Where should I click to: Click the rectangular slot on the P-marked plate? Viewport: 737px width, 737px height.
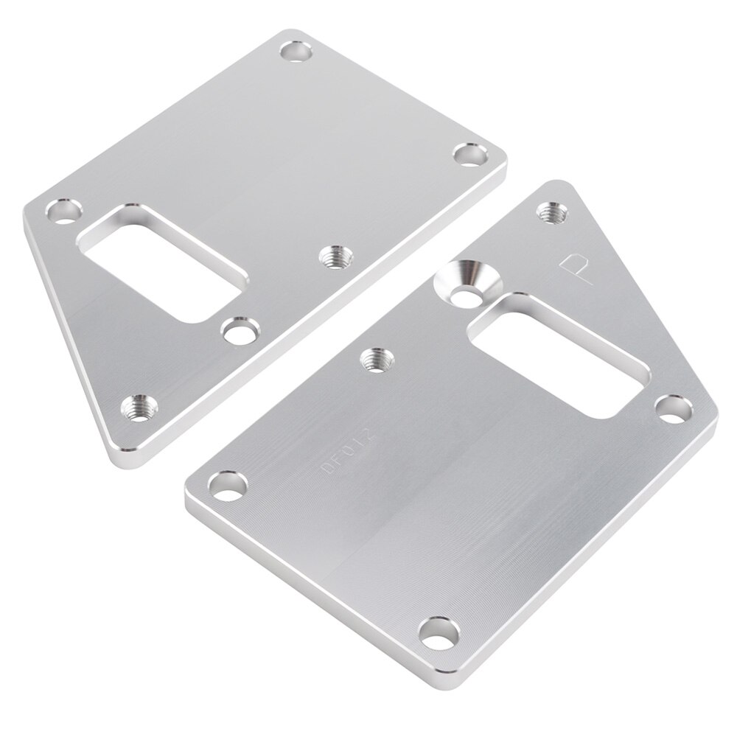point(549,354)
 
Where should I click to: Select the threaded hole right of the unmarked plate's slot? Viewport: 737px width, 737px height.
point(335,256)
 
